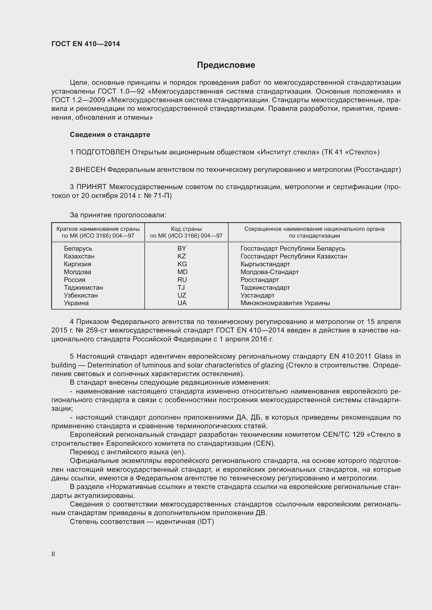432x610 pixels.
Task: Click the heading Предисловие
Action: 226,65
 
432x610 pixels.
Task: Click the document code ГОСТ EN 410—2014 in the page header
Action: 86,44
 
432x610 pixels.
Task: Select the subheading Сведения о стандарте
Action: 110,135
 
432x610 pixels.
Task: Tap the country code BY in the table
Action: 182,249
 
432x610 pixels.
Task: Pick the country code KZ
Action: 182,256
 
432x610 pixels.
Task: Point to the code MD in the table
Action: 183,272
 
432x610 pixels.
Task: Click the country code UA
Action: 182,303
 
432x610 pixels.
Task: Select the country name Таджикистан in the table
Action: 83,288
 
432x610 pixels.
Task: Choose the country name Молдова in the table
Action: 77,272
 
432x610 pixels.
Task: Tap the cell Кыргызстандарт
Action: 265,264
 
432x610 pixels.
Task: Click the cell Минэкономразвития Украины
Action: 285,303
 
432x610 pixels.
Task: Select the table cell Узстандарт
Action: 257,295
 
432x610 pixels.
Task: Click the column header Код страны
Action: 186,229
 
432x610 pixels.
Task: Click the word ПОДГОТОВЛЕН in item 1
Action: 103,152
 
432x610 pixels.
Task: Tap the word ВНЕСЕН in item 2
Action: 90,170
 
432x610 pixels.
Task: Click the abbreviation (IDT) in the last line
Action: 206,522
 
